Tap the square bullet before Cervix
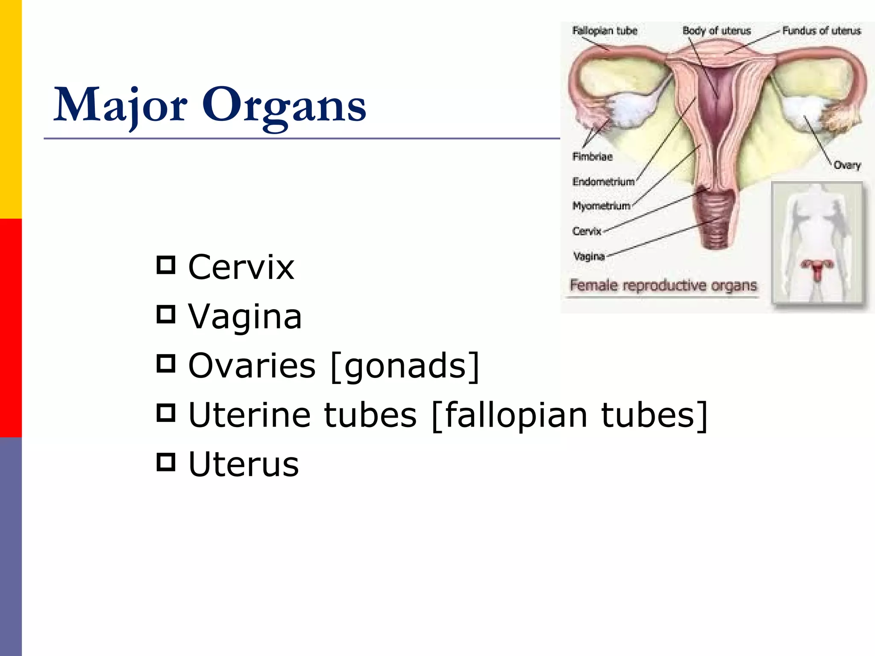click(166, 265)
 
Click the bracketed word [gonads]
click(405, 366)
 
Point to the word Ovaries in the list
click(252, 366)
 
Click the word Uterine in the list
click(249, 415)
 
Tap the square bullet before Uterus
click(166, 462)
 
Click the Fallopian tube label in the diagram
click(605, 31)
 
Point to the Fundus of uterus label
click(821, 31)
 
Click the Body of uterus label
click(716, 31)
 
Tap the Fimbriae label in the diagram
click(592, 157)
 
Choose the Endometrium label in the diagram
click(603, 182)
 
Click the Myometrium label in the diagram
click(601, 206)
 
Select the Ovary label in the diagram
click(847, 165)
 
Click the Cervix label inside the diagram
click(587, 231)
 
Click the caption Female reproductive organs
click(663, 285)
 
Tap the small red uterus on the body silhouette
click(817, 269)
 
